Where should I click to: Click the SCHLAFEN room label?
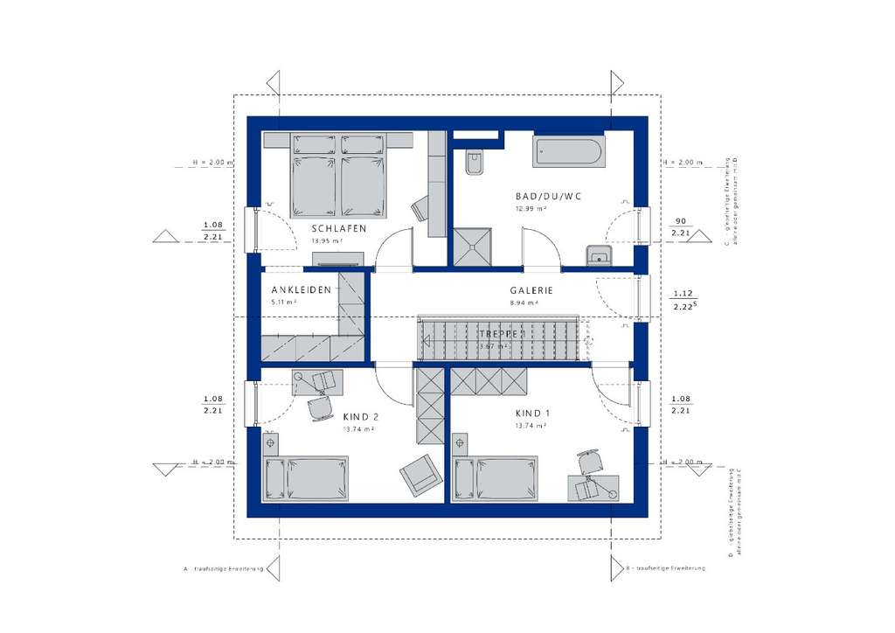coord(338,229)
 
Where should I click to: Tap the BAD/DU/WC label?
coord(549,197)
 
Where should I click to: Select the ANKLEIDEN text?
coord(301,290)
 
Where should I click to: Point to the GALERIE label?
coord(532,291)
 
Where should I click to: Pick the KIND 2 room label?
coord(360,417)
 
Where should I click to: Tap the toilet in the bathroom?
coord(475,163)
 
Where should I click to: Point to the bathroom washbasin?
coord(599,254)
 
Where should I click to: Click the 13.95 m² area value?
coord(327,240)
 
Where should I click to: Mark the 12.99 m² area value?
coord(532,210)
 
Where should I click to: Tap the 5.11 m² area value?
coord(285,302)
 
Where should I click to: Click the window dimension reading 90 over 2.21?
coord(679,227)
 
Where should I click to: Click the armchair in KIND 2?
coord(420,474)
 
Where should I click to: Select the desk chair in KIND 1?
coord(590,460)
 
